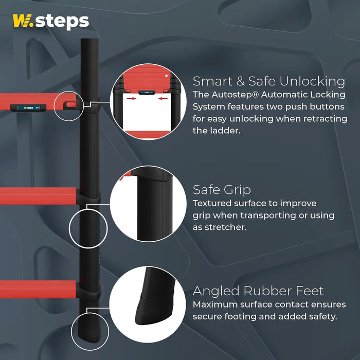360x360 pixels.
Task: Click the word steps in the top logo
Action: [x=62, y=22]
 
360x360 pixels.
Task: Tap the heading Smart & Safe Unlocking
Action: [x=268, y=81]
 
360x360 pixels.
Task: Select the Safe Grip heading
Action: [x=222, y=190]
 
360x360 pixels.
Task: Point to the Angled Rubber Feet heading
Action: [x=258, y=291]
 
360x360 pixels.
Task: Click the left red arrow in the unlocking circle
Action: [x=131, y=99]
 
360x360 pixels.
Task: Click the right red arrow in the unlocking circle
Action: [x=163, y=99]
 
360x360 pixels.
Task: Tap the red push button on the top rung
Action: [x=70, y=105]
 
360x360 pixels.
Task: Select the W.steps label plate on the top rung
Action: [x=28, y=107]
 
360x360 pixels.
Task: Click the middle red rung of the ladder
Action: [x=38, y=195]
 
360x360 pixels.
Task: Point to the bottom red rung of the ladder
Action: [x=38, y=289]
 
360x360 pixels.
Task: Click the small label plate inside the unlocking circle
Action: [x=147, y=92]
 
